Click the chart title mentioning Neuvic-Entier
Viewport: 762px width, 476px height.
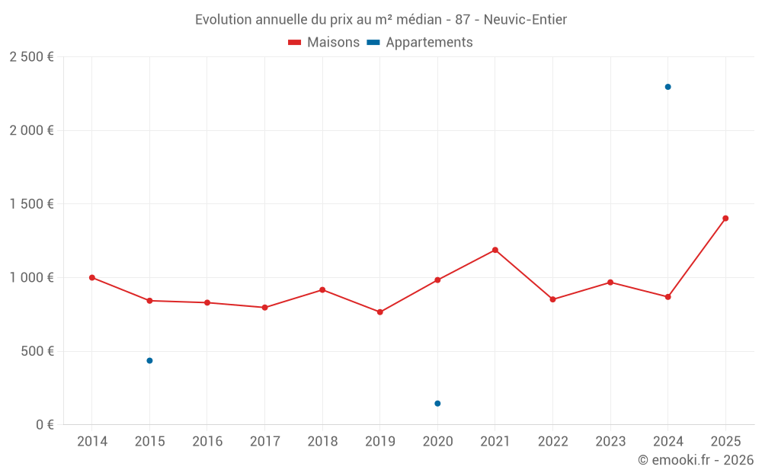(x=381, y=20)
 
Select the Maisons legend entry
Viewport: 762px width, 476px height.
(x=324, y=43)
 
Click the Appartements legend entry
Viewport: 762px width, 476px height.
(x=420, y=43)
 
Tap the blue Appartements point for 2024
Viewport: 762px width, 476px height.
(x=668, y=87)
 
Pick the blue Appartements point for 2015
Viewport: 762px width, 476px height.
(x=149, y=360)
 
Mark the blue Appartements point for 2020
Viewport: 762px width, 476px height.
(x=437, y=403)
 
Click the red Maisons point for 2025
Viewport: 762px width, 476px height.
(x=725, y=219)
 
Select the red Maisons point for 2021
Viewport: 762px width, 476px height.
(x=495, y=250)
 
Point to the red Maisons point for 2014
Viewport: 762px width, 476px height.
(x=92, y=277)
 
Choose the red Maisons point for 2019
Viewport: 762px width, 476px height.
(x=380, y=312)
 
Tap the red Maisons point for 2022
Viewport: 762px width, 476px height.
(x=552, y=299)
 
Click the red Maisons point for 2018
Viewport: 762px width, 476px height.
(x=322, y=289)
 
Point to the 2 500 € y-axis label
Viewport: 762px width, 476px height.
(x=31, y=57)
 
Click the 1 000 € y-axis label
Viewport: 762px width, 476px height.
(x=31, y=277)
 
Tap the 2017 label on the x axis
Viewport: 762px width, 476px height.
(x=264, y=442)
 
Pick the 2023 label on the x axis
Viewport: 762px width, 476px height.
(x=610, y=442)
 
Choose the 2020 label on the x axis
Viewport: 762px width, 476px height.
(x=437, y=442)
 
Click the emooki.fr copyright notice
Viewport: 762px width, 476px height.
(x=695, y=460)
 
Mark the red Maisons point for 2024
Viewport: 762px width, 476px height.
(x=668, y=297)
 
